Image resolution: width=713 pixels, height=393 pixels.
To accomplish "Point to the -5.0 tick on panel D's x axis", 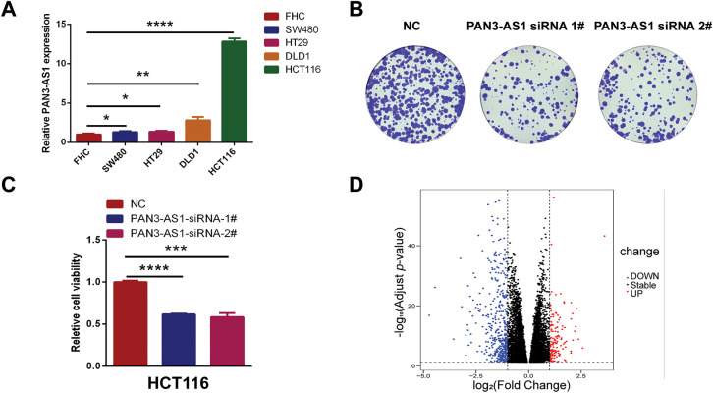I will [x=424, y=375].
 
